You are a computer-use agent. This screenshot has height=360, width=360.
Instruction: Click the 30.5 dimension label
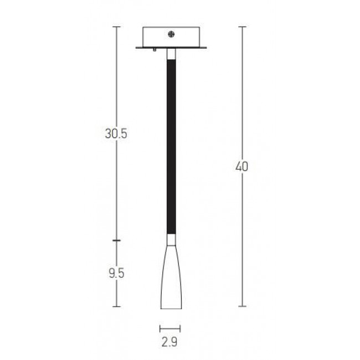click(x=116, y=133)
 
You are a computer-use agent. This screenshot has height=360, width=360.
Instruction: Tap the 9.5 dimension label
click(x=116, y=273)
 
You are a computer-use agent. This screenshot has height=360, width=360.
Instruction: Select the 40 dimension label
click(x=242, y=167)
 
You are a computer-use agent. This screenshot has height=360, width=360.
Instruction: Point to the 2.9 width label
click(x=169, y=342)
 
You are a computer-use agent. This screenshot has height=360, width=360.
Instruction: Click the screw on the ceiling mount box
click(x=171, y=34)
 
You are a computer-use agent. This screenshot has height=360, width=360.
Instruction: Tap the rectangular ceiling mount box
click(x=171, y=37)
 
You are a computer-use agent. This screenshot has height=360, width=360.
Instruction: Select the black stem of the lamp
click(x=172, y=146)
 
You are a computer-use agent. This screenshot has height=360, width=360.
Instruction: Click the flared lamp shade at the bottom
click(x=171, y=277)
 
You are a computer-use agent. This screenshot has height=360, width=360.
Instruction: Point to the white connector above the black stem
click(x=171, y=54)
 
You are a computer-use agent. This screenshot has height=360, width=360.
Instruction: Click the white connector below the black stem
click(x=171, y=240)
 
